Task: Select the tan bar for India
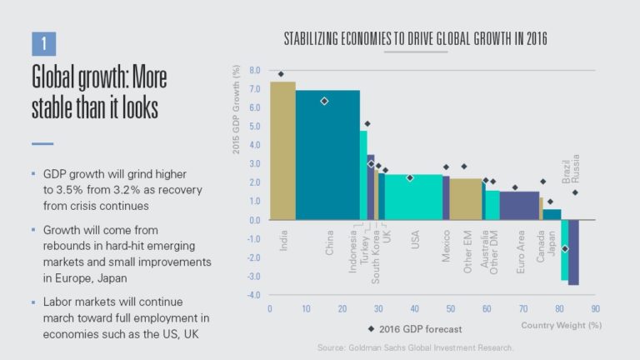coord(282,150)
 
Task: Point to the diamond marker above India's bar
coord(281,74)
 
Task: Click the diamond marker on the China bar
coord(324,101)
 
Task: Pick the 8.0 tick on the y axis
coord(254,71)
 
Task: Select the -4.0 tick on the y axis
coord(253,295)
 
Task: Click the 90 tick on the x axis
coord(595,307)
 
